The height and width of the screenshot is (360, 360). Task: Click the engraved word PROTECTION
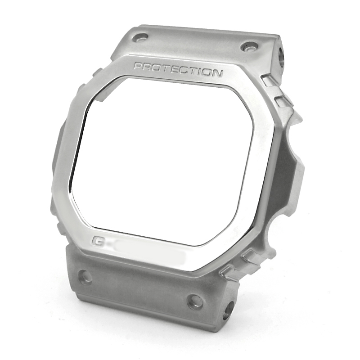point(178,70)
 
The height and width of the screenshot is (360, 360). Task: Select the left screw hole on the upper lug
point(141,38)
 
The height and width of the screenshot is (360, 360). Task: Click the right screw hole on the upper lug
point(249,46)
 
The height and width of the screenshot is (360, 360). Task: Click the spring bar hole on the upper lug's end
point(283,56)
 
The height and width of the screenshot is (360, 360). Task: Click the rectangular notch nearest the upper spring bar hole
point(269,81)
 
